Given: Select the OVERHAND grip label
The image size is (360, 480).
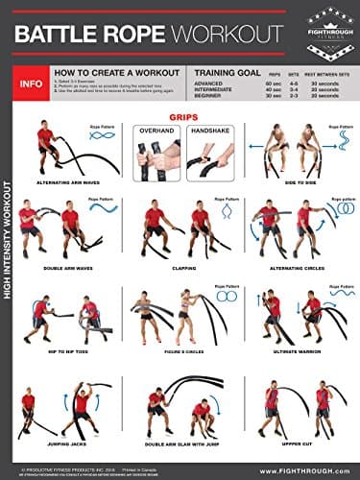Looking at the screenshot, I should (156, 129).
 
